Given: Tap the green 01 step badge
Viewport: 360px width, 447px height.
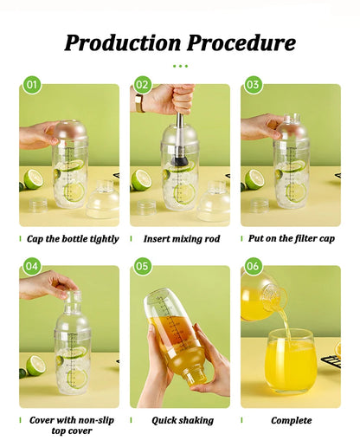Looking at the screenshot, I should (x=32, y=85).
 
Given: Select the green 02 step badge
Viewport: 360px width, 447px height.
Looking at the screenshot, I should (x=143, y=85).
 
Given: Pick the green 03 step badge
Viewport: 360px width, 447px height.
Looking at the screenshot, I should (x=254, y=85).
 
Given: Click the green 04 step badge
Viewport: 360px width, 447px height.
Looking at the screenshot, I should (x=32, y=266).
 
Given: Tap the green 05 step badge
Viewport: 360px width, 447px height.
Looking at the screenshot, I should (x=143, y=266).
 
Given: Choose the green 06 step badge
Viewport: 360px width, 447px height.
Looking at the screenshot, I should (x=254, y=266).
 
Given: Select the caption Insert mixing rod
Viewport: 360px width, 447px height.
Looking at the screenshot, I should (x=181, y=238).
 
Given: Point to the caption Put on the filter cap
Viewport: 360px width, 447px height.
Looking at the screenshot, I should (x=292, y=238).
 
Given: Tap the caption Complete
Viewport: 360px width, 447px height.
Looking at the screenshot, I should (x=291, y=420).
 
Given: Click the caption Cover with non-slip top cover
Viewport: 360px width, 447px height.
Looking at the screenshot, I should (x=70, y=424).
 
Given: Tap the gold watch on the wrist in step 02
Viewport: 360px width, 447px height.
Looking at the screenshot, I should (x=139, y=102).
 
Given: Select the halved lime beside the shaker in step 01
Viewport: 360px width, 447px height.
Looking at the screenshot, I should (x=33, y=179).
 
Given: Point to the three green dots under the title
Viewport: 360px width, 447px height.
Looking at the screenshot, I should (x=180, y=66).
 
